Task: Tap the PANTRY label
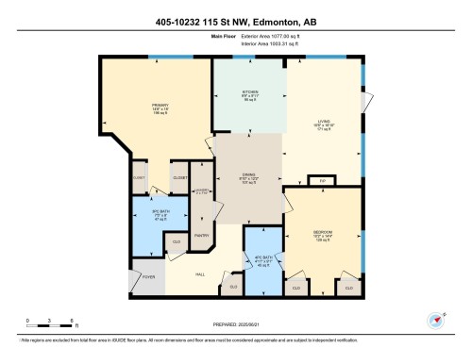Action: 201,235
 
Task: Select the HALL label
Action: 200,274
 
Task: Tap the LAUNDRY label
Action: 202,190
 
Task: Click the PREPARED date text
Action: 236,327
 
